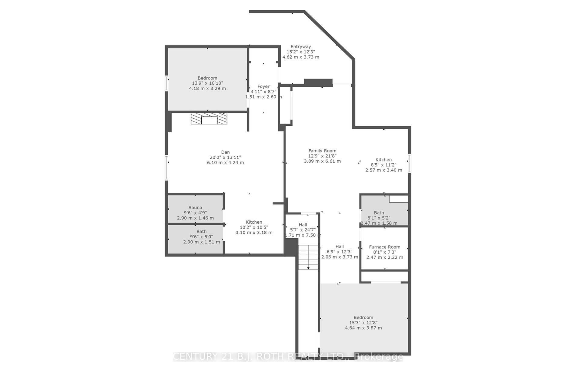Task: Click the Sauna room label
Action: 195,208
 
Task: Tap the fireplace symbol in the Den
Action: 209,118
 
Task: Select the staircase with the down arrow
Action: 308,257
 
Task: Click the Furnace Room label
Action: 384,247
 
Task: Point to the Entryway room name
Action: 300,46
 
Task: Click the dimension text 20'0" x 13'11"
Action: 225,157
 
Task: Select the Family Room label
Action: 322,151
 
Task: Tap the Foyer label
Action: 263,87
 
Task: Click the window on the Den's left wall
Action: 166,168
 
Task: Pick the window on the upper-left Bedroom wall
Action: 166,83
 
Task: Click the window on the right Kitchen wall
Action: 409,163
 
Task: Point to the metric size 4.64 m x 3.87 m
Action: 363,328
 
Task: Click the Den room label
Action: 225,152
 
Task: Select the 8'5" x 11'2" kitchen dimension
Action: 383,165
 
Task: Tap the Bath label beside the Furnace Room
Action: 379,213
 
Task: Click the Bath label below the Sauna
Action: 201,231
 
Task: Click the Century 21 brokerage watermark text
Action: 288,356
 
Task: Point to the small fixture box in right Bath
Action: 399,199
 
